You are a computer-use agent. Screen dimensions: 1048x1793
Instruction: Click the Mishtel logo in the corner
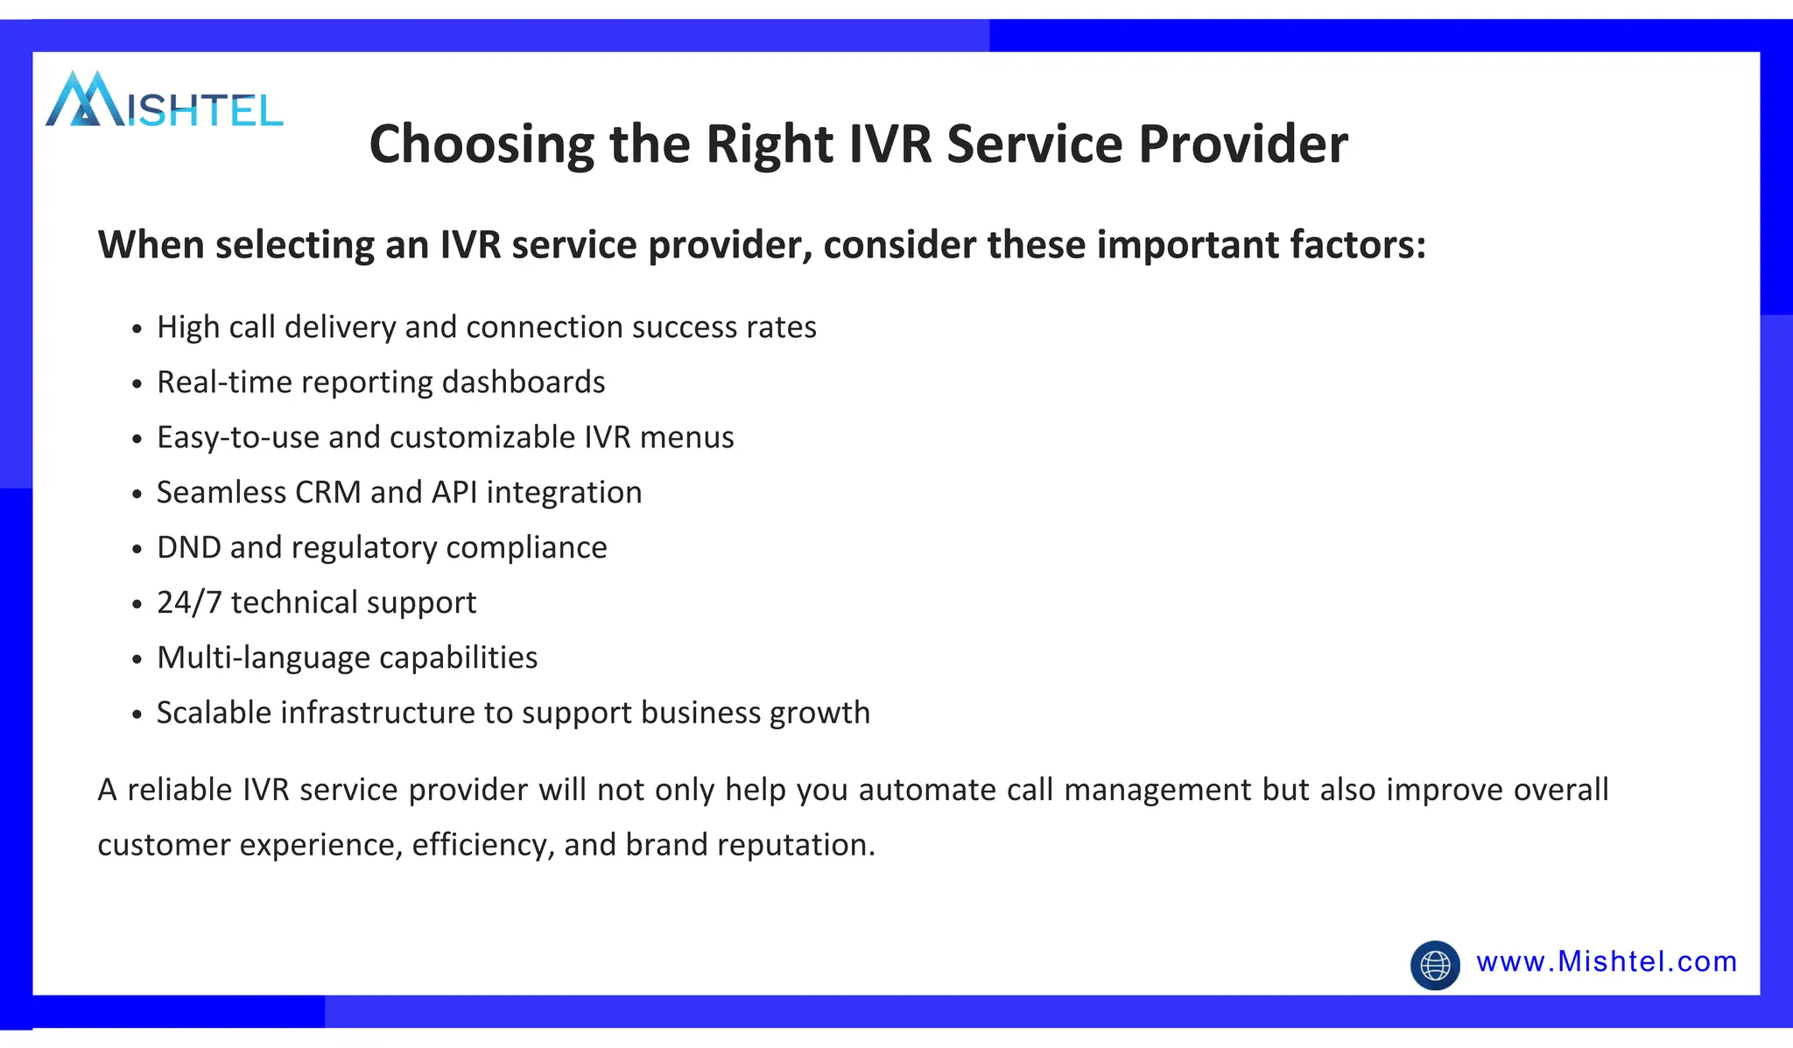[164, 100]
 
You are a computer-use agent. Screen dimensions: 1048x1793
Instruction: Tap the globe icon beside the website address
[1435, 966]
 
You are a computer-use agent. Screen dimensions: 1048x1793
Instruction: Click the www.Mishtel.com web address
[1607, 962]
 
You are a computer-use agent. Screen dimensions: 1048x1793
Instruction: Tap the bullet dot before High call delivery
[137, 329]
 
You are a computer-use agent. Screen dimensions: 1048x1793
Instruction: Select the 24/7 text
[189, 603]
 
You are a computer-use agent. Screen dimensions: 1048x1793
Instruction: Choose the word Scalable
[214, 714]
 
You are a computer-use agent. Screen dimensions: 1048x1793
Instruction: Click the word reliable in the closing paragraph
[179, 790]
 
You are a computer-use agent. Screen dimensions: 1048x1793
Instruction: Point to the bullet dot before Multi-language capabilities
[137, 660]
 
